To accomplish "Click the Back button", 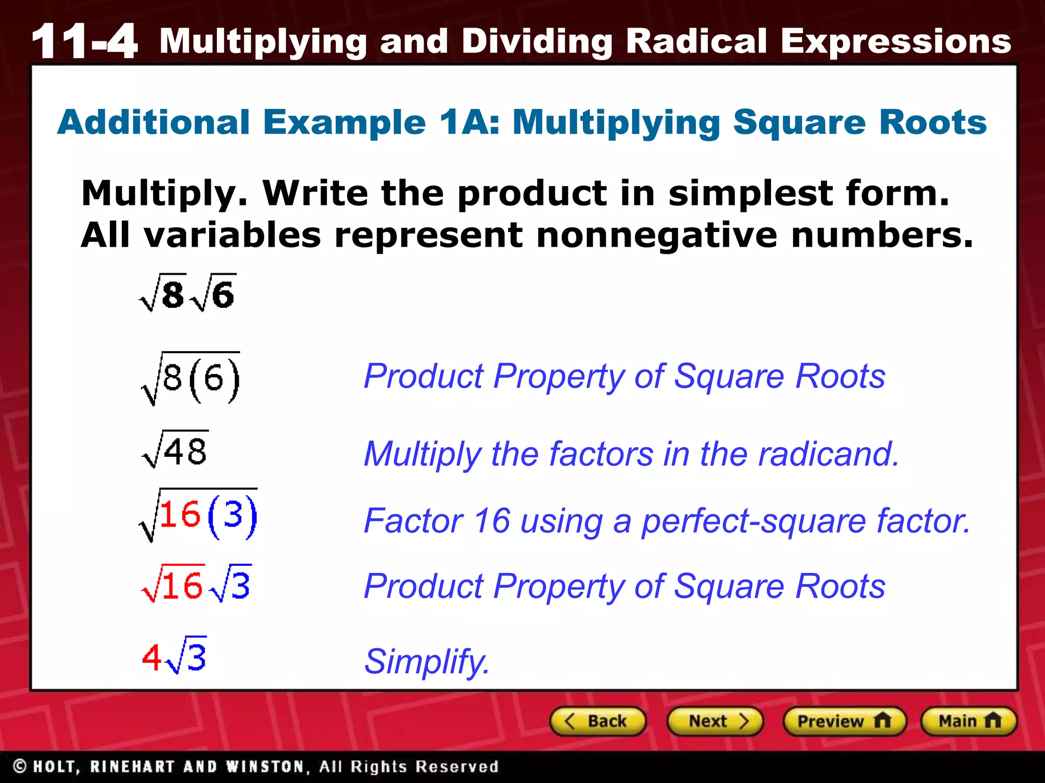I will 598,721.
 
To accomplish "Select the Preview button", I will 844,721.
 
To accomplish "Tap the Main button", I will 968,721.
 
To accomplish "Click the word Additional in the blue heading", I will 154,122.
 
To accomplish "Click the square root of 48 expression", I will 176,450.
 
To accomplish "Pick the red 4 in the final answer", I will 151,658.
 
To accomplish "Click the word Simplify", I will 427,662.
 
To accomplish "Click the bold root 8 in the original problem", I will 163,294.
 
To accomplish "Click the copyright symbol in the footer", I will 20,766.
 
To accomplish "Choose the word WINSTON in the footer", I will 265,767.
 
